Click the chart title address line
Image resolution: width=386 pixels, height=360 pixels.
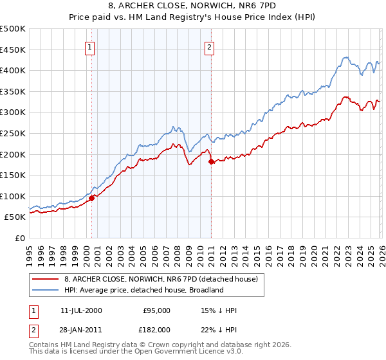coord(193,6)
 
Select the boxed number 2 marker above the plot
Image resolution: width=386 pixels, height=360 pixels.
coord(210,46)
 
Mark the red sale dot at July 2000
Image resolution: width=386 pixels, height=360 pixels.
coord(91,198)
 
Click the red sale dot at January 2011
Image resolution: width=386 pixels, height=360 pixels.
coord(211,162)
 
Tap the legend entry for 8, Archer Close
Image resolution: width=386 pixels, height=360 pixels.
coord(161,279)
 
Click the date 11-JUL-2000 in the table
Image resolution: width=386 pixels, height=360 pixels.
coord(81,310)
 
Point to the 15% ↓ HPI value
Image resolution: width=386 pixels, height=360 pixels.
coord(219,310)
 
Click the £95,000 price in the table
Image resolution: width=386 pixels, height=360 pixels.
coord(156,310)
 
